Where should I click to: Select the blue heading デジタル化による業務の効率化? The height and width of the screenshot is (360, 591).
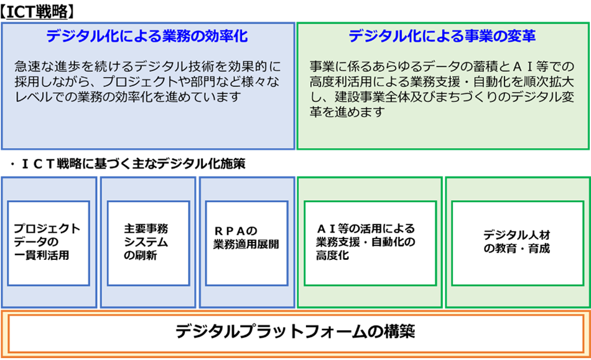(x=147, y=37)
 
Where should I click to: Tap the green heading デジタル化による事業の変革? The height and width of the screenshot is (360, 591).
(x=442, y=37)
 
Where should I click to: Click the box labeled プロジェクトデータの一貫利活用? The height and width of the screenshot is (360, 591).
(x=48, y=241)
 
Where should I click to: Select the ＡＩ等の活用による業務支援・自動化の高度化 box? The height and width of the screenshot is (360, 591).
(x=370, y=241)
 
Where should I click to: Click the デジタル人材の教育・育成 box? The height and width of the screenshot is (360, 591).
(x=517, y=241)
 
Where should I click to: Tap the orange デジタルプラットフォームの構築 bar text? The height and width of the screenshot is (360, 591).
(x=295, y=331)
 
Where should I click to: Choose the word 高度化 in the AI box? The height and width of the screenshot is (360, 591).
(x=332, y=256)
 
